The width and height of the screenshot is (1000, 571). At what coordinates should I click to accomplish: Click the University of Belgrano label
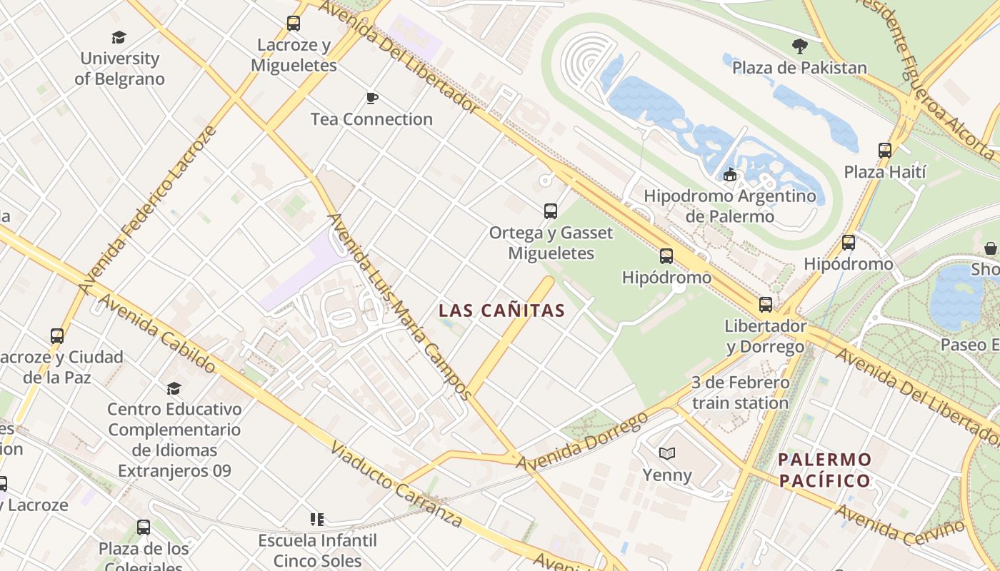click(119, 69)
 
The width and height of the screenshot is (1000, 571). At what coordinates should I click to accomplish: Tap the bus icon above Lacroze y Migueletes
click(294, 24)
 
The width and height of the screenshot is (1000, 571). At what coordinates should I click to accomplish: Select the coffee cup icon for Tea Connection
click(371, 98)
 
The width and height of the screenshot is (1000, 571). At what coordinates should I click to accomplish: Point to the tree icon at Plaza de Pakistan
click(800, 46)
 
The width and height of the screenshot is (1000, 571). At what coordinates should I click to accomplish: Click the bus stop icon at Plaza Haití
click(885, 151)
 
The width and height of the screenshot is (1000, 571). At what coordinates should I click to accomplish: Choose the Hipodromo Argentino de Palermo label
click(729, 206)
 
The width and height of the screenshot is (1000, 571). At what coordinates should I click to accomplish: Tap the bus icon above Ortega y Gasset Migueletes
click(551, 211)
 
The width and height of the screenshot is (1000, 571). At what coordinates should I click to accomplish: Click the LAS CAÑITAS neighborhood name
click(501, 311)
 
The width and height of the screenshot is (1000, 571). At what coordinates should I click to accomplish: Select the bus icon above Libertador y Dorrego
click(766, 305)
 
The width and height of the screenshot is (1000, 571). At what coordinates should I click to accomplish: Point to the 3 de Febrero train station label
click(740, 393)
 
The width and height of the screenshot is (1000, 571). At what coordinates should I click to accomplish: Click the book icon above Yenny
click(667, 453)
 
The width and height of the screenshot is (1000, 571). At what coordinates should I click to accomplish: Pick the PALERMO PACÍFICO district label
click(825, 470)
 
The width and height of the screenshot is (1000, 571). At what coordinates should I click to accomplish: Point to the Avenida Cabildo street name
click(156, 333)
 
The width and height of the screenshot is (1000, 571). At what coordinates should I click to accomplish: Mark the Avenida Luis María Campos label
click(399, 307)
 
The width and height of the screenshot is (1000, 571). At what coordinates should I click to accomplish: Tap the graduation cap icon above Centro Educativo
click(174, 388)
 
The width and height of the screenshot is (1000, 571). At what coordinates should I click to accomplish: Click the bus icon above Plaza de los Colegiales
click(144, 527)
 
